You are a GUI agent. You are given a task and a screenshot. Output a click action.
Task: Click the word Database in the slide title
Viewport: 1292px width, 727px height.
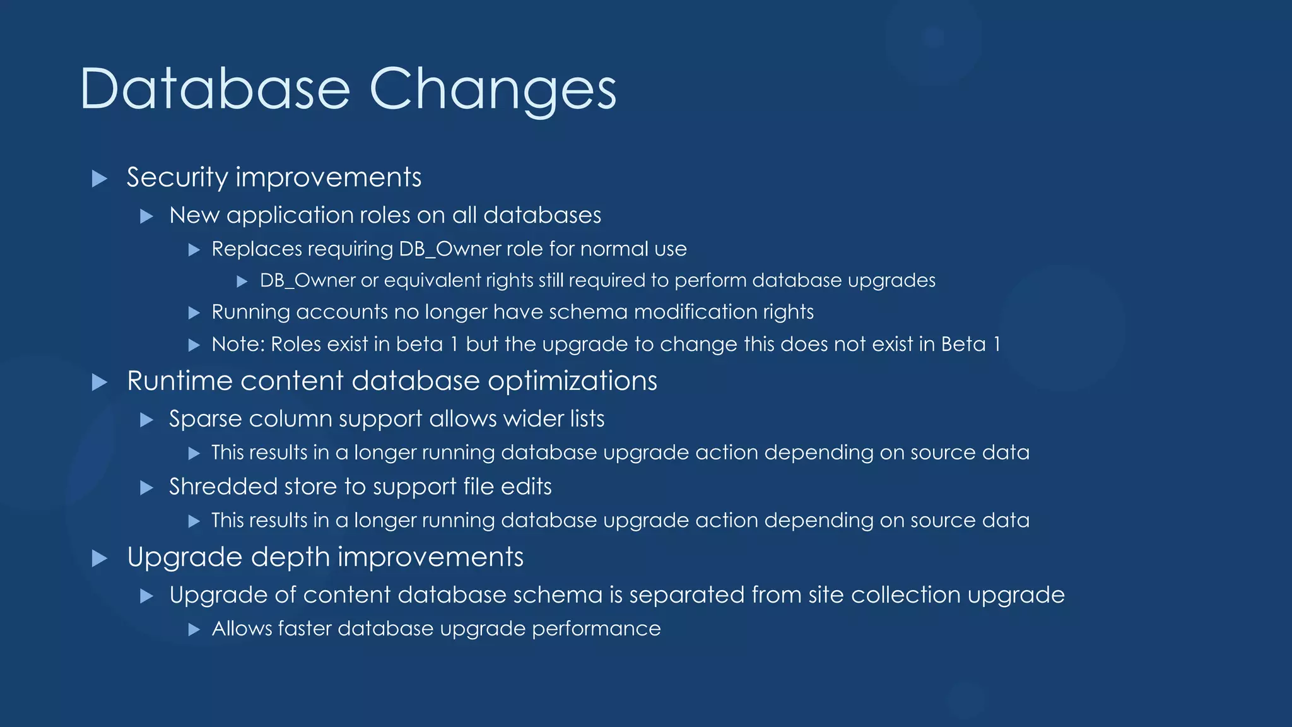[214, 90]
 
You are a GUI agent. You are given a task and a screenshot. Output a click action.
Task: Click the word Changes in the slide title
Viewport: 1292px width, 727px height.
[492, 90]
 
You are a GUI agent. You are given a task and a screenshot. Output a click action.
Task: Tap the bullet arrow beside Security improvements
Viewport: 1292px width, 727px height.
[99, 179]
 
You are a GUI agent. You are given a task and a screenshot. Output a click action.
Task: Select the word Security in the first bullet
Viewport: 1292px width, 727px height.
[177, 177]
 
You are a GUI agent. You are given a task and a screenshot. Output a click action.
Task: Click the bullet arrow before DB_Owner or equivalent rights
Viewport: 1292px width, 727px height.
[242, 281]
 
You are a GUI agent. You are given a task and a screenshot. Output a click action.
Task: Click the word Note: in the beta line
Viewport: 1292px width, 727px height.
[238, 345]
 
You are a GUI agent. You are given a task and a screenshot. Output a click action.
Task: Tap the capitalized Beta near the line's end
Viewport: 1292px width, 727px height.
[963, 345]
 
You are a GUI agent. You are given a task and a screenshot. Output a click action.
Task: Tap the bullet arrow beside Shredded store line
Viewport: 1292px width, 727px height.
[146, 488]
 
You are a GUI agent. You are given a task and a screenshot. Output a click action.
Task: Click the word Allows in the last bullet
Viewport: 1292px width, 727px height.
[242, 629]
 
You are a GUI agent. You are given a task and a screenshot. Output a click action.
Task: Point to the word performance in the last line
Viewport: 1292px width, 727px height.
[596, 629]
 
